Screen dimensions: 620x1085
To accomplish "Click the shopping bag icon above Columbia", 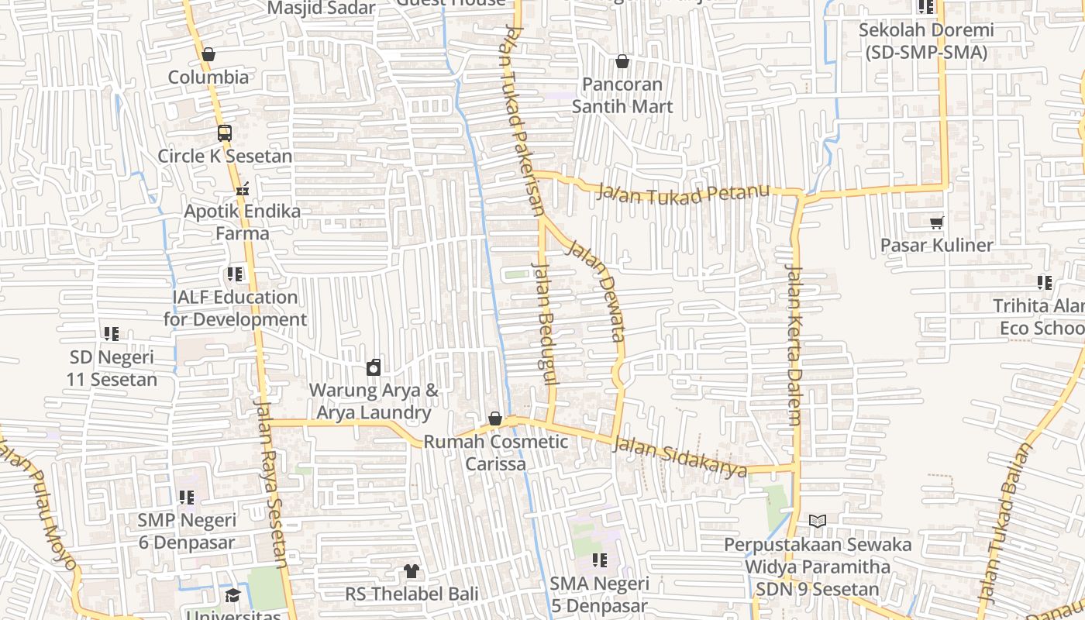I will pyautogui.click(x=208, y=54).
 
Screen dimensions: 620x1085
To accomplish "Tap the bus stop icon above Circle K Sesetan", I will pyautogui.click(x=225, y=133).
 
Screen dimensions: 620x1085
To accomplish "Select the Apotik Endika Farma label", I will pyautogui.click(x=243, y=222).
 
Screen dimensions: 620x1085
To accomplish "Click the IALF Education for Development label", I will pyautogui.click(x=235, y=308).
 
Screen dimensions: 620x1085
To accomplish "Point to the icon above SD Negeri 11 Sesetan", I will pyautogui.click(x=112, y=334).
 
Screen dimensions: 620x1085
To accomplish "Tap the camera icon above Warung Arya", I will pyautogui.click(x=374, y=367).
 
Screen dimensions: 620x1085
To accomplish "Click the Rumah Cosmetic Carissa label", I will pyautogui.click(x=496, y=453).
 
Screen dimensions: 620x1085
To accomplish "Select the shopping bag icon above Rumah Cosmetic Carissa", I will pyautogui.click(x=495, y=419).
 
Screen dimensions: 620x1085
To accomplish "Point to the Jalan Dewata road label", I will pyautogui.click(x=598, y=291).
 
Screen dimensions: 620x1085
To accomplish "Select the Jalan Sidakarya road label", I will pyautogui.click(x=680, y=457).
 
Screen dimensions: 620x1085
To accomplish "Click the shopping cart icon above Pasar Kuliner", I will pyautogui.click(x=937, y=222).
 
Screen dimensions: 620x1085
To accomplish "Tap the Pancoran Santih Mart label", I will pyautogui.click(x=622, y=95).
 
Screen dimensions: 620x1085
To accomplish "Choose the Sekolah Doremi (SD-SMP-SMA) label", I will pyautogui.click(x=926, y=42).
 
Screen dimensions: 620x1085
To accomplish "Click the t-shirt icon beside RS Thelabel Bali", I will pyautogui.click(x=411, y=571).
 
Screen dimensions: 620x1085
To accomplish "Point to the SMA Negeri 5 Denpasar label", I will pyautogui.click(x=599, y=594).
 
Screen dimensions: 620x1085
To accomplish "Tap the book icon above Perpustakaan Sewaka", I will pyautogui.click(x=818, y=521).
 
